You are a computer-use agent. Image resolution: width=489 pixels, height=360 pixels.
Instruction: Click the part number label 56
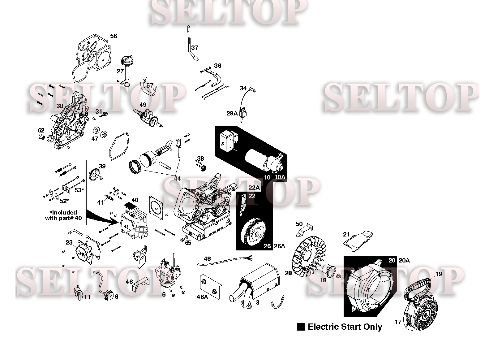[114, 36]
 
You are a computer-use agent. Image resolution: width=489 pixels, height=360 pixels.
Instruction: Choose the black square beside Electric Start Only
[301, 327]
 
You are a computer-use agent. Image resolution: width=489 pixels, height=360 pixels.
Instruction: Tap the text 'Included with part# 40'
[63, 215]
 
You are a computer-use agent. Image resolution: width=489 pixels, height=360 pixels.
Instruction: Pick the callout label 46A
[202, 297]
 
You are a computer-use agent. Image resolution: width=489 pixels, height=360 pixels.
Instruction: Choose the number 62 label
[41, 130]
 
